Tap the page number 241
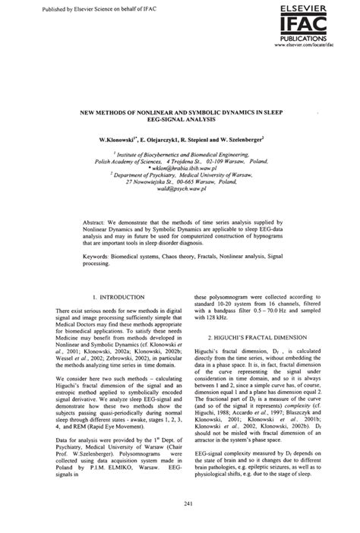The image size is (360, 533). [x=180, y=502]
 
